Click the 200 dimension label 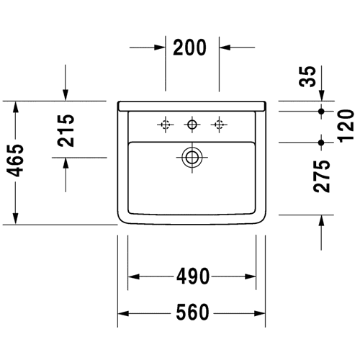click(189, 48)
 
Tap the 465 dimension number click(15, 161)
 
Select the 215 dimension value click(66, 130)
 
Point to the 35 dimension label click(307, 76)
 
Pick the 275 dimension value click(322, 176)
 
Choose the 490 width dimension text click(193, 276)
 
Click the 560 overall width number click(192, 312)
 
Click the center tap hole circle click(192, 120)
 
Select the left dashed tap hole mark click(166, 125)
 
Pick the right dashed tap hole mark click(219, 125)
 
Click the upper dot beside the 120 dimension click(321, 111)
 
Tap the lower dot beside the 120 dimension click(321, 143)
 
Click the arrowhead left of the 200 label click(160, 48)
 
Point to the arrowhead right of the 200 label click(225, 48)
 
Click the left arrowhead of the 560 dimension click(123, 313)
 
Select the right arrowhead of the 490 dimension click(251, 276)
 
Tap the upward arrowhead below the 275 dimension click(321, 221)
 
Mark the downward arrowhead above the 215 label click(66, 95)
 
